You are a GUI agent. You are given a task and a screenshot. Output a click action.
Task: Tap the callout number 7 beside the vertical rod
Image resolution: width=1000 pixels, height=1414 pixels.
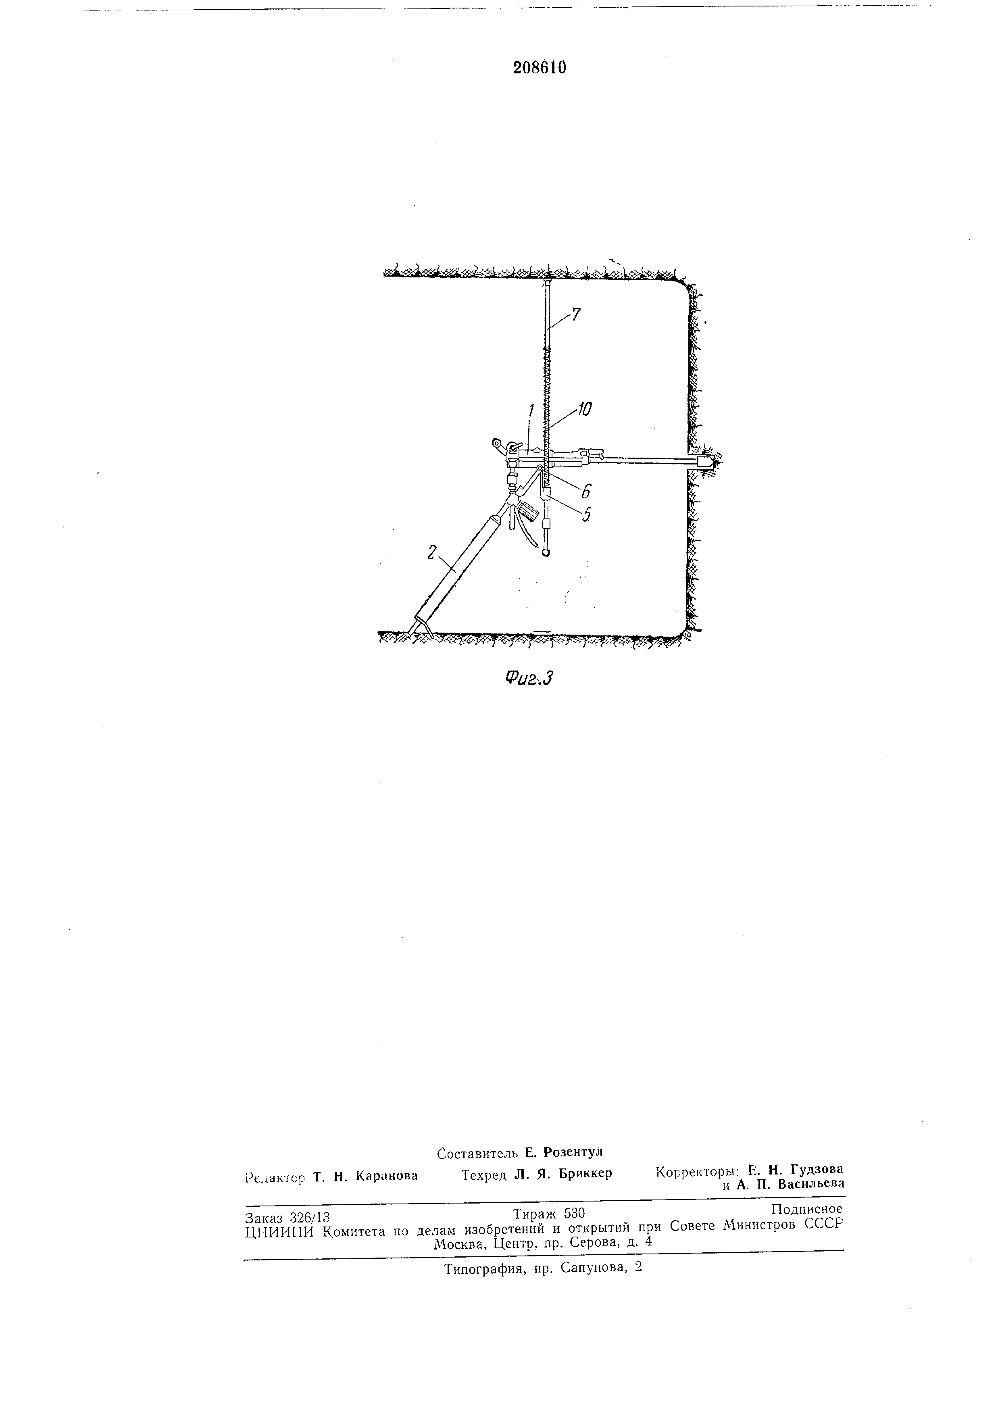coord(576,315)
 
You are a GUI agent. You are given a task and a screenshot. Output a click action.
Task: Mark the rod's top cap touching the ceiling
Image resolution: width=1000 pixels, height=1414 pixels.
coord(548,282)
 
